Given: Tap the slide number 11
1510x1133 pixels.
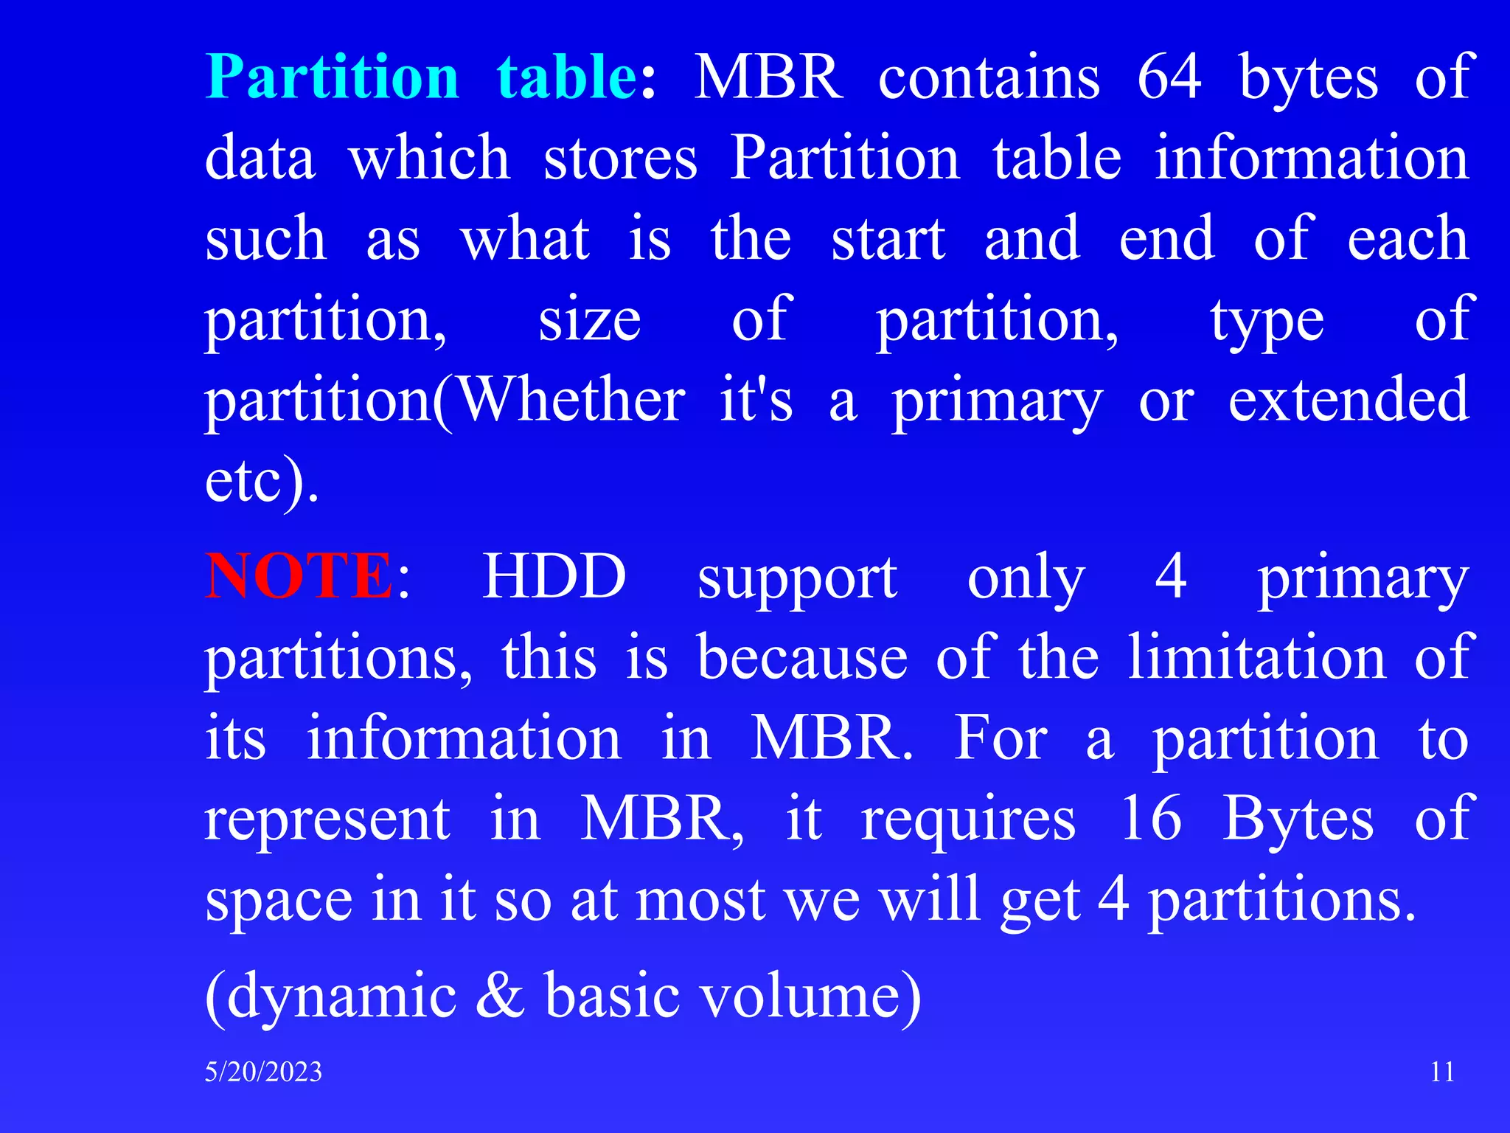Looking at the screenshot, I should (x=1442, y=1071).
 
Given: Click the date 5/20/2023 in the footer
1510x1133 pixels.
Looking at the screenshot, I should (x=263, y=1072).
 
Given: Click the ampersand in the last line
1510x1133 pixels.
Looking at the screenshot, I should (x=500, y=996).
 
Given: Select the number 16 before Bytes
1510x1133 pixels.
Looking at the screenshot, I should (x=1150, y=818).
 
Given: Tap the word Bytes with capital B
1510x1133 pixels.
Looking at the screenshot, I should (x=1298, y=818).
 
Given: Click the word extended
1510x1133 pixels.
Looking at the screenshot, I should (x=1349, y=399).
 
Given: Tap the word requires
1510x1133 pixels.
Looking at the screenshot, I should (x=968, y=820).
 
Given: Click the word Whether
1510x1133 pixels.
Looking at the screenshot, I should (x=572, y=399).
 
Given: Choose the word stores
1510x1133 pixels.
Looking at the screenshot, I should (x=620, y=158).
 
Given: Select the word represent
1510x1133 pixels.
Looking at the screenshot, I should (x=327, y=820).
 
